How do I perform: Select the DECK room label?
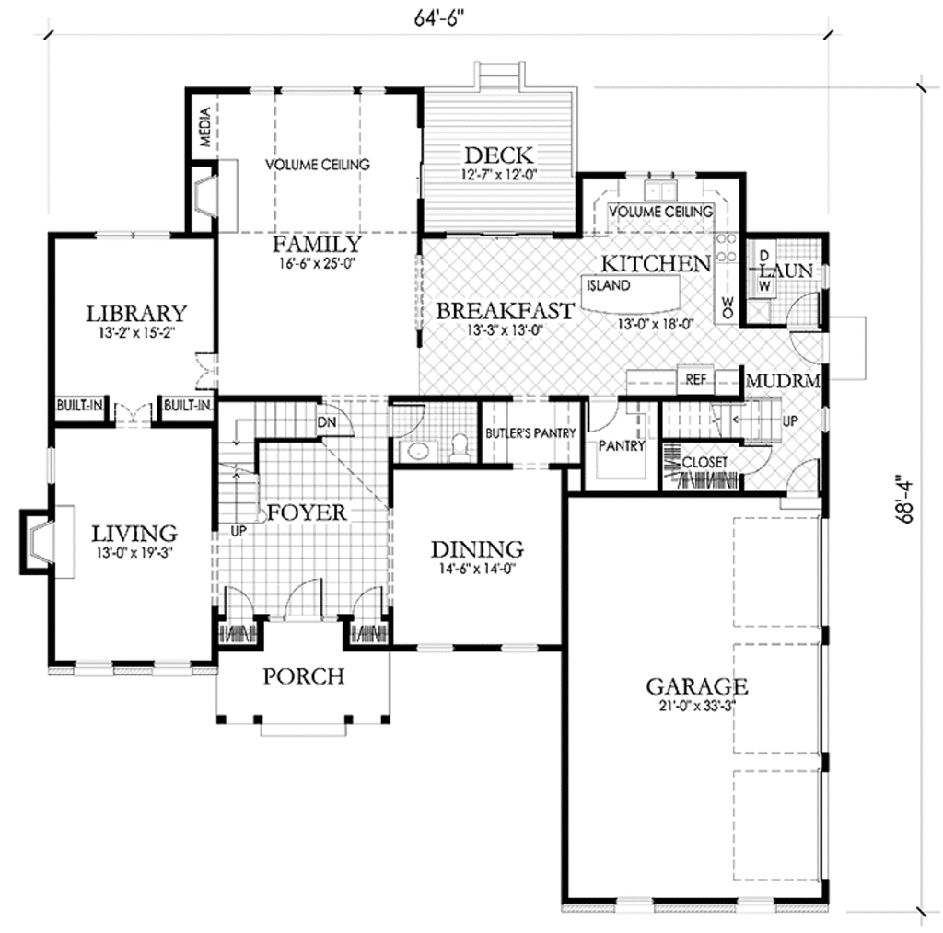pos(498,155)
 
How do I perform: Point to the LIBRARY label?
pos(136,313)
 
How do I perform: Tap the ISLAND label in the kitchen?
pos(609,285)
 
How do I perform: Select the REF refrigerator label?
pos(694,378)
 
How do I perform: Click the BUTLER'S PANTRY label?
pos(530,433)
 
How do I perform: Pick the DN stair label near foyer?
pos(326,422)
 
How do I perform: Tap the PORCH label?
pos(303,676)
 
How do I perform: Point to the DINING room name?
pos(477,549)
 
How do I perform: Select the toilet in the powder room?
pos(460,451)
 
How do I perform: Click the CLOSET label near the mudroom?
pos(704,462)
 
